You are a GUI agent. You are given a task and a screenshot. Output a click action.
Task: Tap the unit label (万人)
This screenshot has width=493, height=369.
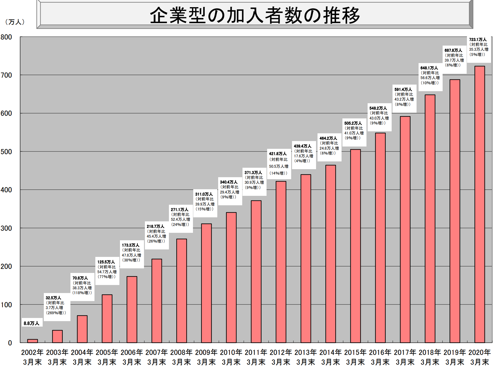coord(15,22)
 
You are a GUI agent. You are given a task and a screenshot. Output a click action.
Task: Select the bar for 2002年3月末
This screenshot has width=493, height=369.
coord(32,341)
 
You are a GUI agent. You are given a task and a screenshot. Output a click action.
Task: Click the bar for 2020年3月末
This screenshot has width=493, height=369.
coord(480,204)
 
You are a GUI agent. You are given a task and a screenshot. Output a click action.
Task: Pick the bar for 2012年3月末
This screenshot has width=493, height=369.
coord(281,262)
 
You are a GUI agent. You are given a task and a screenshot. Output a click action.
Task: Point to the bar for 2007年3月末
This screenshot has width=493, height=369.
coord(157,301)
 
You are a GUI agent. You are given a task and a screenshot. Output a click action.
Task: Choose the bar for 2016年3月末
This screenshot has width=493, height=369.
coord(380,238)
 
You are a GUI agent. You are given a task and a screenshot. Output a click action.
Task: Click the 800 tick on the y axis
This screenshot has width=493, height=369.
coord(6,37)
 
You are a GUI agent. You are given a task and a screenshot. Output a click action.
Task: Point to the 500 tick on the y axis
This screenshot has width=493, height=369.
coord(6,152)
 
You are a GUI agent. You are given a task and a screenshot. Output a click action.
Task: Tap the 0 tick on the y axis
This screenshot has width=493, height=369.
coord(10,343)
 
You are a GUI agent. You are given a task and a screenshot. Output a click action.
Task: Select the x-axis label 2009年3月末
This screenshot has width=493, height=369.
coord(206,357)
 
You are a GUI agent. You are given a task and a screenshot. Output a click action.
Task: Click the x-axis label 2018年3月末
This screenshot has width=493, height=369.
coord(430,357)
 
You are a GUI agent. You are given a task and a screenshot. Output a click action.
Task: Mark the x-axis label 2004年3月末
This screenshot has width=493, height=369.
coord(82,357)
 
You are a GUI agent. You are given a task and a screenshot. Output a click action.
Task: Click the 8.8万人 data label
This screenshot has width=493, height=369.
coord(31,323)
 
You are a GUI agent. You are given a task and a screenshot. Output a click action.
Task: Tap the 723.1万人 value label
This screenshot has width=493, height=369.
coord(478,40)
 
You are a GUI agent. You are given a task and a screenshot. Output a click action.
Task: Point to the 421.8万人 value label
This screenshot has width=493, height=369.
coord(278,154)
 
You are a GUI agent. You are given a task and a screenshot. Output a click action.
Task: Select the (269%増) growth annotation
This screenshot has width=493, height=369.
coord(56,313)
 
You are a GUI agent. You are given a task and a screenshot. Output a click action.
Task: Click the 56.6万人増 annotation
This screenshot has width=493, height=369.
coord(430,78)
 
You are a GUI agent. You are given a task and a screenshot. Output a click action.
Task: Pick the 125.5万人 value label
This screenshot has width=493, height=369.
coord(106,262)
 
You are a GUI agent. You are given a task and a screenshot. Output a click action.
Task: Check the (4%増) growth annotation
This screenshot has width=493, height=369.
coord(302,161)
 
